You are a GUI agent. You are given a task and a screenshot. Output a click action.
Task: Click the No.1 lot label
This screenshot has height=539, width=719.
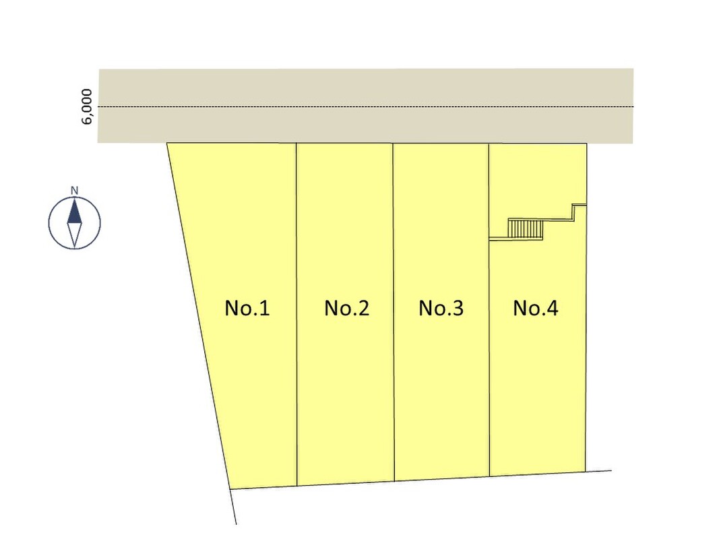pyautogui.click(x=247, y=308)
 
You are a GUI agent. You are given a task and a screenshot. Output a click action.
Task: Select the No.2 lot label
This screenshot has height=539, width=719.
pyautogui.click(x=346, y=308)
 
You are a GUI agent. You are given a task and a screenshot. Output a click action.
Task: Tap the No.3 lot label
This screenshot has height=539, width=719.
pyautogui.click(x=441, y=308)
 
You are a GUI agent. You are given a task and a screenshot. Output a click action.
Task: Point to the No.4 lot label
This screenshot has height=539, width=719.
pyautogui.click(x=536, y=308)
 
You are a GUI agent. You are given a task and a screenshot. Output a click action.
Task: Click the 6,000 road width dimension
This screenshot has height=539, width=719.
pyautogui.click(x=86, y=106)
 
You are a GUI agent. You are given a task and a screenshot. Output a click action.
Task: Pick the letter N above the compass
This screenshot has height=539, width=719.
pyautogui.click(x=74, y=191)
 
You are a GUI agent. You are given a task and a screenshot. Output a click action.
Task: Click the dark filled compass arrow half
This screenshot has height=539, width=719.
pyautogui.click(x=74, y=210)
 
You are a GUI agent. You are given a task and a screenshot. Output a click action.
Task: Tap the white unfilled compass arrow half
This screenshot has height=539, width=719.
pyautogui.click(x=74, y=235)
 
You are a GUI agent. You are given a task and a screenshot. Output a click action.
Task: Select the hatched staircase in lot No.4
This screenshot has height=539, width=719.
pyautogui.click(x=526, y=228)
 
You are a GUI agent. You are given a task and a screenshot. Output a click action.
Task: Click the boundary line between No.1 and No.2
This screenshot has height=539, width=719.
pyautogui.click(x=296, y=315)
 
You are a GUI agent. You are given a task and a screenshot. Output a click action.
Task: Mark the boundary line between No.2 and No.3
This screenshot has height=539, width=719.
pyautogui.click(x=394, y=312)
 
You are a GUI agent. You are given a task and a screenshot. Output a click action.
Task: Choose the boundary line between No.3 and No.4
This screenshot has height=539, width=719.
pyautogui.click(x=489, y=310)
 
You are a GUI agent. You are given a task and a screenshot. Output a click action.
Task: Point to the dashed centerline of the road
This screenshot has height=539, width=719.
pyautogui.click(x=366, y=107)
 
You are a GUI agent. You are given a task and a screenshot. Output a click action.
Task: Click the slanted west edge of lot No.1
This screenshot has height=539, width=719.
pyautogui.click(x=198, y=316)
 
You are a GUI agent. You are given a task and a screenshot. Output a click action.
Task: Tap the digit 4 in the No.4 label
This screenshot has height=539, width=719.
pyautogui.click(x=552, y=308)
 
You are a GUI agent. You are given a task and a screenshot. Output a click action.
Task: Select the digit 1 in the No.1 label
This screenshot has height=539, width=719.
pyautogui.click(x=265, y=308)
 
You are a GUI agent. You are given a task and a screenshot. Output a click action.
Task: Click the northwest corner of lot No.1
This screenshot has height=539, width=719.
pyautogui.click(x=167, y=143)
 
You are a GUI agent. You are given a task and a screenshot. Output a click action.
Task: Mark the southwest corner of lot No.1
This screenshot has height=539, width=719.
pyautogui.click(x=230, y=489)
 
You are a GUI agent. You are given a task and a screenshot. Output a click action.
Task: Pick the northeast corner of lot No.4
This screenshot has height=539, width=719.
pyautogui.click(x=586, y=144)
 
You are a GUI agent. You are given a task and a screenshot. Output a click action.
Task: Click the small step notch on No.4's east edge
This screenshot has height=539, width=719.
pyautogui.click(x=579, y=212)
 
